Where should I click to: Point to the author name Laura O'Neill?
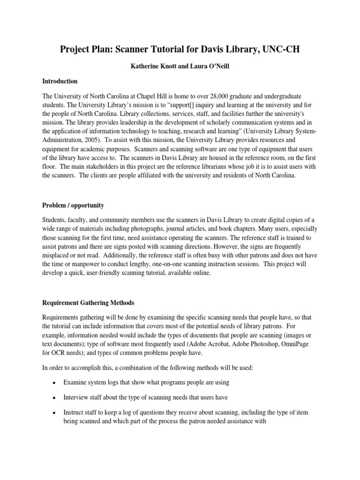tap(210, 67)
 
